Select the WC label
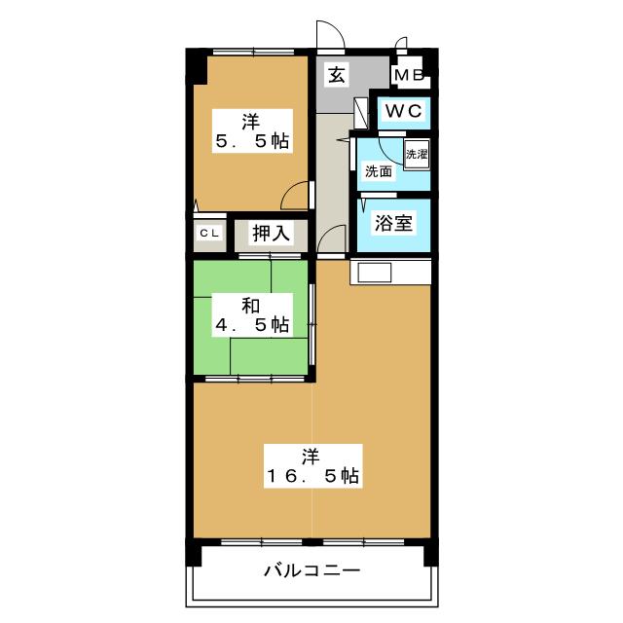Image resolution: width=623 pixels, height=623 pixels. click(x=403, y=111)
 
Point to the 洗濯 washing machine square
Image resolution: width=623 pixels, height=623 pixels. click(x=416, y=155)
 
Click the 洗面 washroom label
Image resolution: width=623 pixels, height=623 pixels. click(x=378, y=172)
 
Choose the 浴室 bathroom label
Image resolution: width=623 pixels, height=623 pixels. click(x=394, y=222)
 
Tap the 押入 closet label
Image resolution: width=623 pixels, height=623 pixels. click(x=271, y=234)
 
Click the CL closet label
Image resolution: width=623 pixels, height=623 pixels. click(x=209, y=233)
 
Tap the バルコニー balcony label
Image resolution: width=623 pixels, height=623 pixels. click(x=311, y=569)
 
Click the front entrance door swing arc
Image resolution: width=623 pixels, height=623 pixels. click(x=330, y=35)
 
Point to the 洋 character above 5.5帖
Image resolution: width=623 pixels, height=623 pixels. click(x=252, y=121)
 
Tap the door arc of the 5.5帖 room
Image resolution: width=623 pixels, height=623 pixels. click(x=294, y=197)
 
